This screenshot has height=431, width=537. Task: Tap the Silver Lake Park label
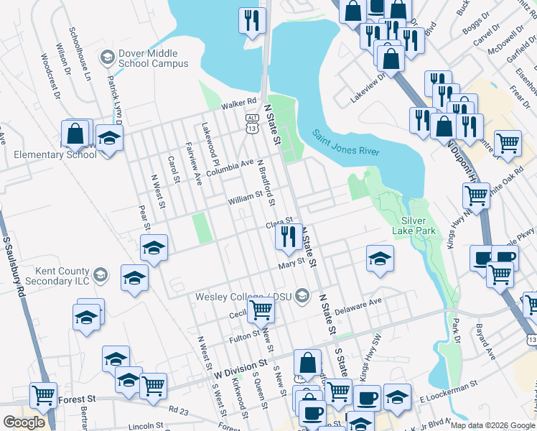tap(419, 226)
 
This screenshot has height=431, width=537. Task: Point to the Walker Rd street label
tap(239, 103)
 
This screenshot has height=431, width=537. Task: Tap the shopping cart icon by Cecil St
tap(261, 310)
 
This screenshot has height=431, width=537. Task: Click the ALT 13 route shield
tap(252, 123)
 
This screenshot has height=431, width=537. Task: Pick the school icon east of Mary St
tap(380, 259)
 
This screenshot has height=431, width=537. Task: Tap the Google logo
tap(24, 422)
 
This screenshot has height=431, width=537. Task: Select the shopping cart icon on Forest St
tap(44, 394)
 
